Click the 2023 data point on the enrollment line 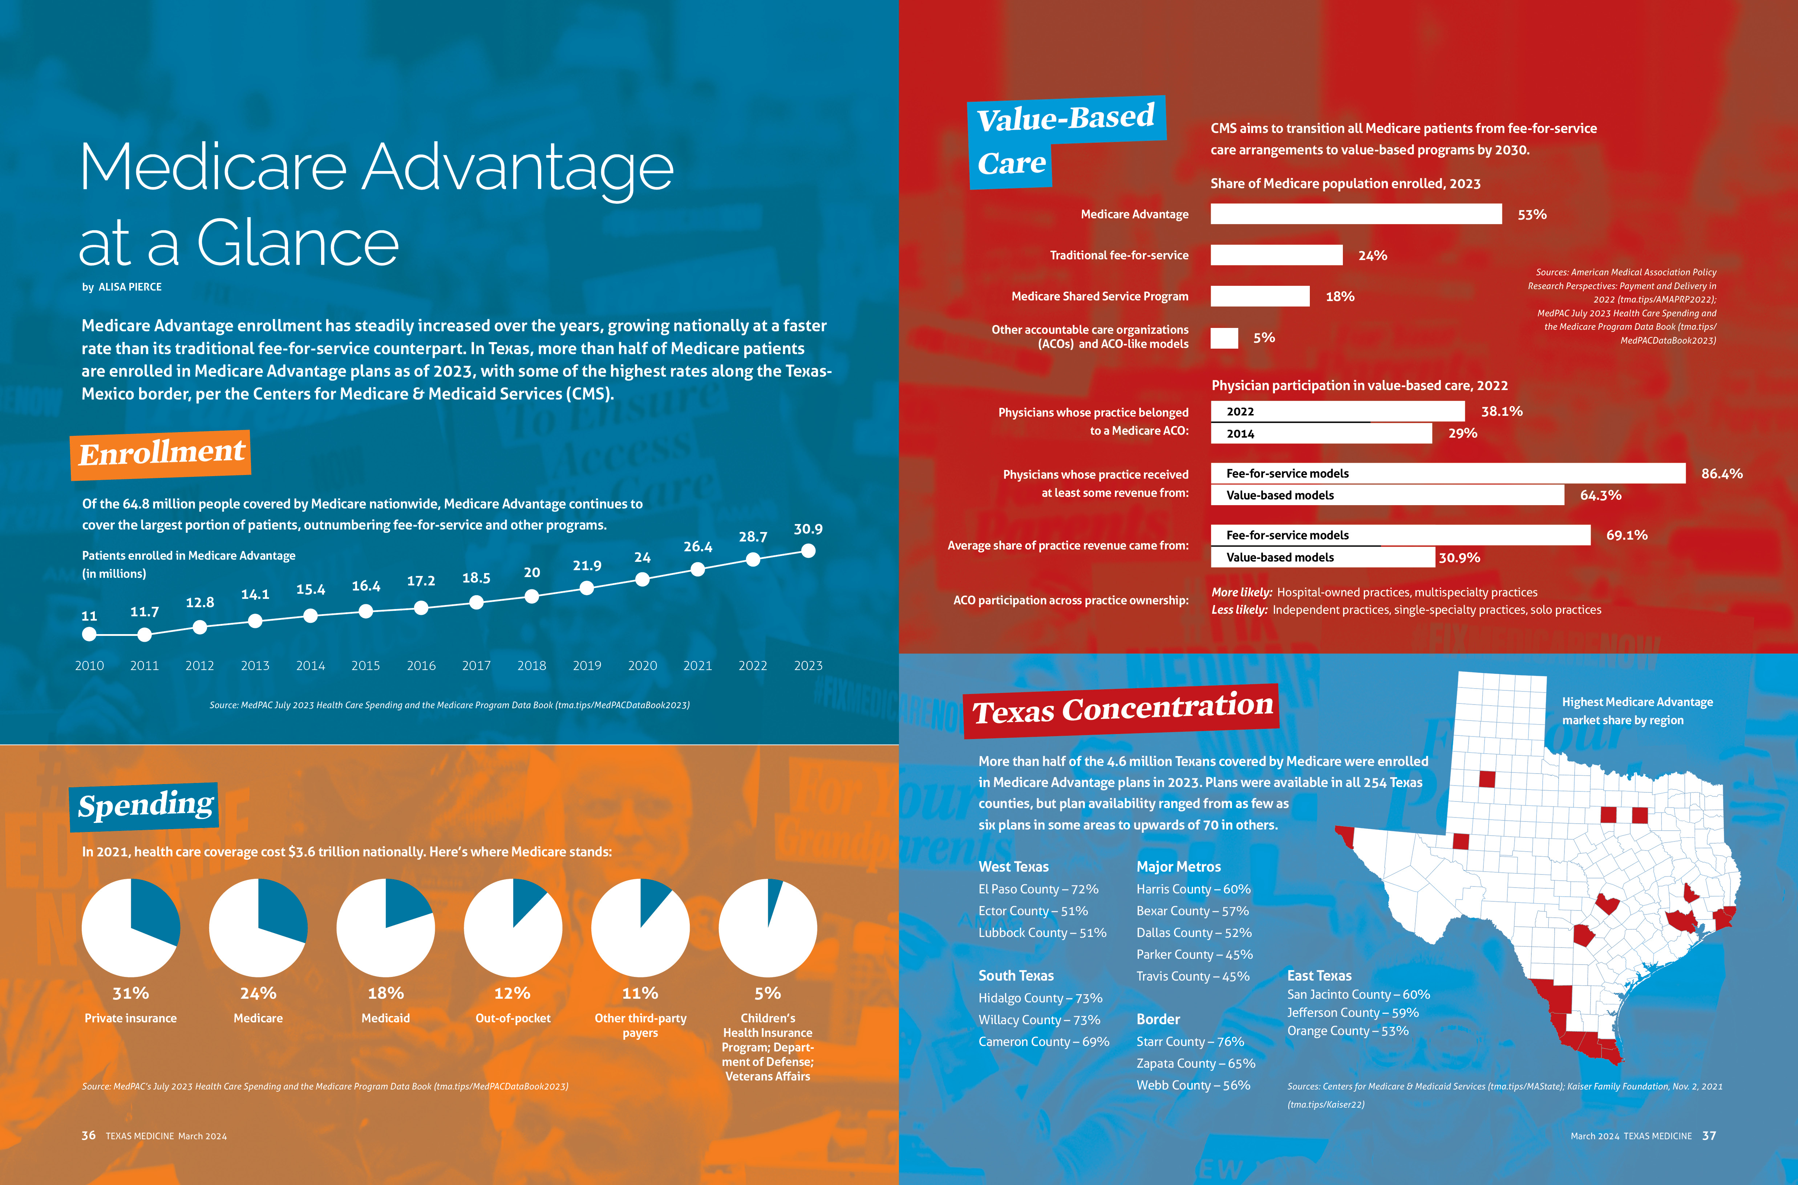pyautogui.click(x=808, y=551)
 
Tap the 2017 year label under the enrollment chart pyautogui.click(x=476, y=666)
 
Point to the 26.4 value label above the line pyautogui.click(x=697, y=547)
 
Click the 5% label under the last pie pyautogui.click(x=767, y=993)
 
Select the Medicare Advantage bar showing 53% pyautogui.click(x=1356, y=214)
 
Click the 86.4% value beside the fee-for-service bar pyautogui.click(x=1722, y=474)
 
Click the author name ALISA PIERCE pyautogui.click(x=130, y=287)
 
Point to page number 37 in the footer pyautogui.click(x=1709, y=1136)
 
